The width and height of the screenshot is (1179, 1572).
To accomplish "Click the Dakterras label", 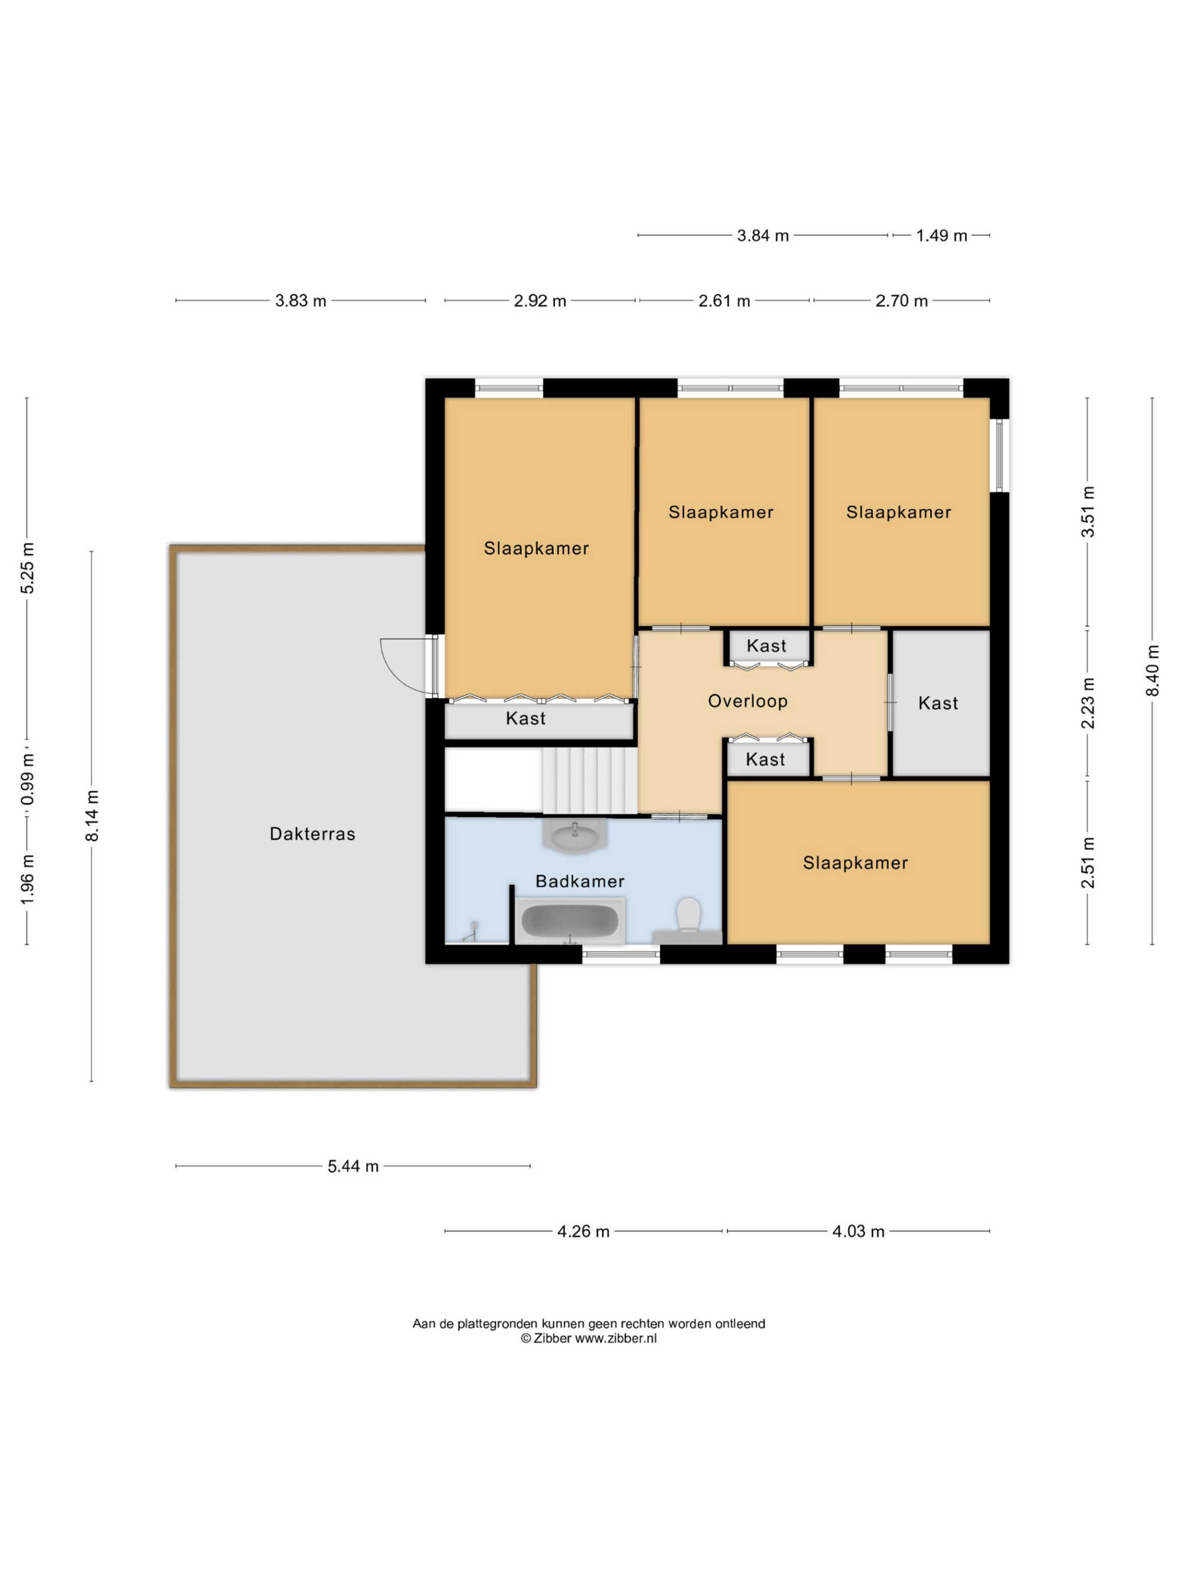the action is (312, 833).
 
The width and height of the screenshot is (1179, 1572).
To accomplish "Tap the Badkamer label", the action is (580, 881).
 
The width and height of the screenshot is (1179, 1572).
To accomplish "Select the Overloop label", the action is (747, 701).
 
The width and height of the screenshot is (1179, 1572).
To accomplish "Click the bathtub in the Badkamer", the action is (570, 921).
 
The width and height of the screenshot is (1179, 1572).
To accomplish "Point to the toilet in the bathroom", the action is (689, 915).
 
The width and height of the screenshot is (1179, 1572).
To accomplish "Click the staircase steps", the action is (589, 780).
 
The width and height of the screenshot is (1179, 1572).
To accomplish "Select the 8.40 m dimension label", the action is (1152, 671).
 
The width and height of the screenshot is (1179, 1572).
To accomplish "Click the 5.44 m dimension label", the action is (353, 1166).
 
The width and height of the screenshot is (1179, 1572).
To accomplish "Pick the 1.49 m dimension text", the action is (941, 236).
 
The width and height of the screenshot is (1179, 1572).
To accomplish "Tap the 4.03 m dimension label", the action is (858, 1231).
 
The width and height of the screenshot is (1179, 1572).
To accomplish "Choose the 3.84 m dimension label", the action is (763, 236).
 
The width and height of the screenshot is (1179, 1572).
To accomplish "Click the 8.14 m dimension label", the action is (92, 816).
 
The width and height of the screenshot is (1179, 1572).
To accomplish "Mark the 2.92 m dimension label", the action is (540, 301).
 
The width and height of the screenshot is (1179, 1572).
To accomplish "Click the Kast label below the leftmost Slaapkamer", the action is (526, 719).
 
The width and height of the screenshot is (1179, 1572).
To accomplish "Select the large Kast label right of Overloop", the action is (938, 704).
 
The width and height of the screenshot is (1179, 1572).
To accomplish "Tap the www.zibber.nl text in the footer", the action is (615, 1338).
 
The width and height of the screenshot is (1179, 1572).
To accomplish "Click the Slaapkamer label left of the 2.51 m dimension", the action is (855, 863).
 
